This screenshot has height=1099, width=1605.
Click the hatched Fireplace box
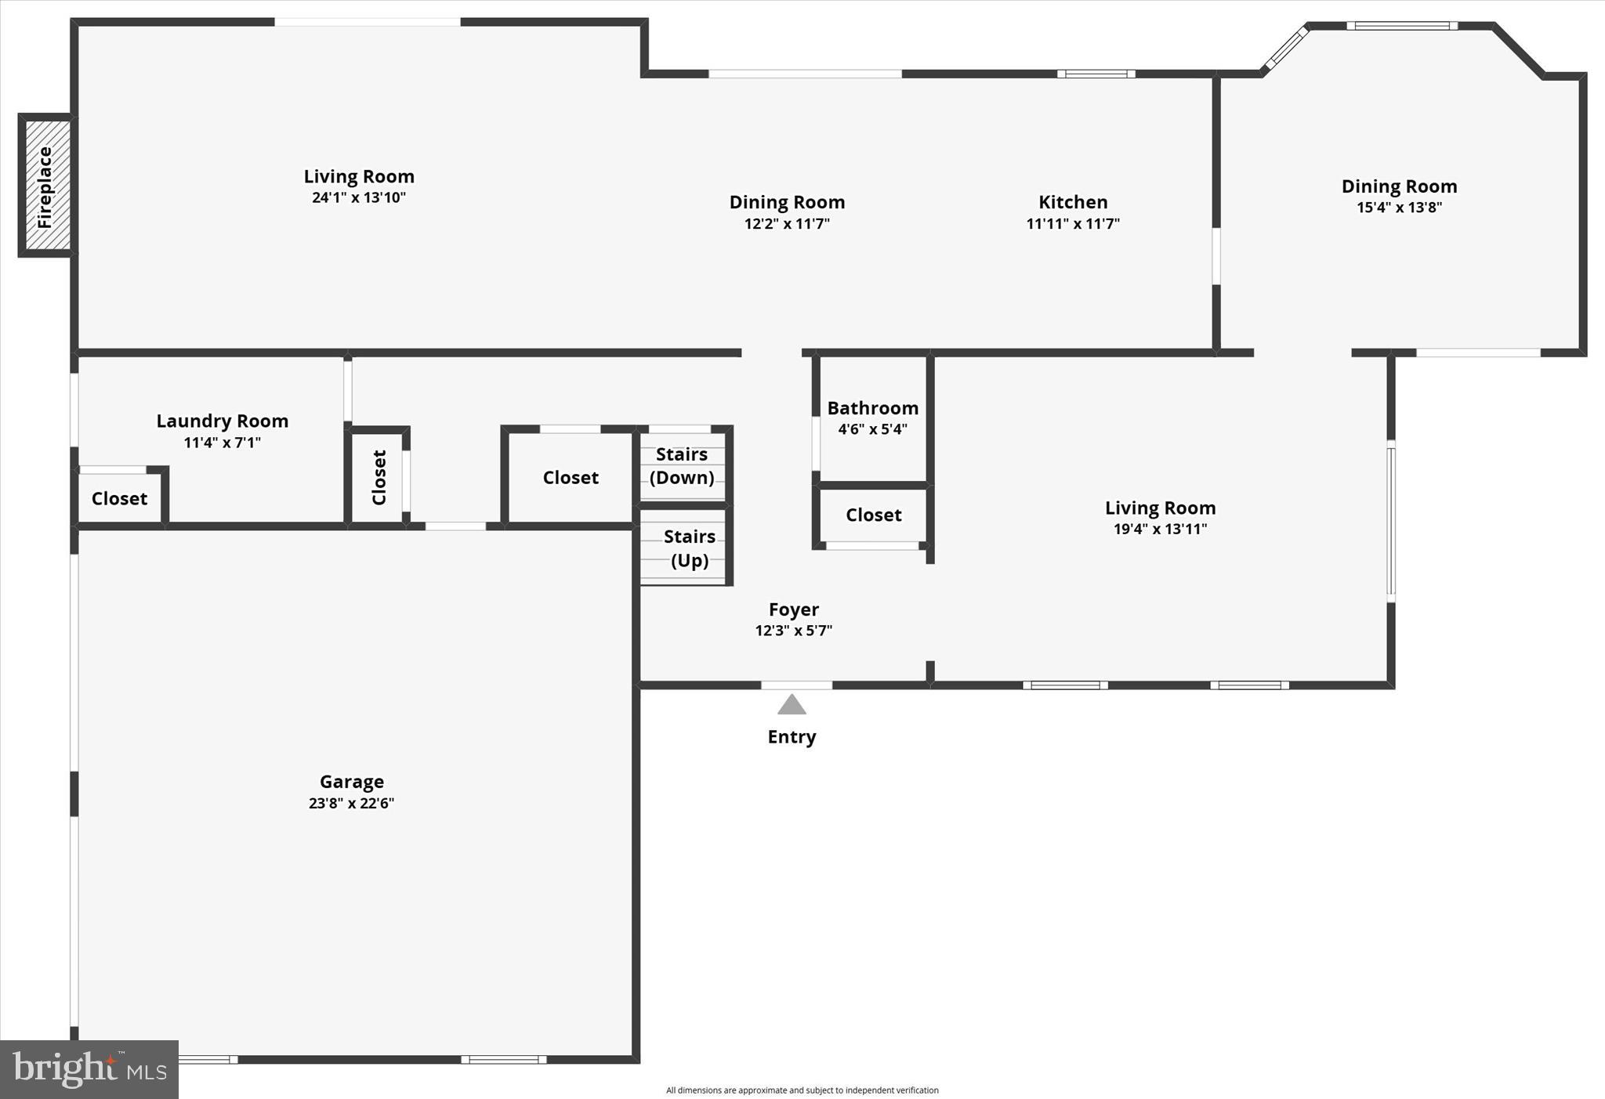coord(46,186)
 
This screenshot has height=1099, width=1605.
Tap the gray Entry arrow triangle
coord(792,705)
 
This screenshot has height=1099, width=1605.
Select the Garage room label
coord(352,781)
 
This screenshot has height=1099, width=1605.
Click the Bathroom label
coord(872,408)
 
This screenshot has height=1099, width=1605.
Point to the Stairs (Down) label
coord(682,466)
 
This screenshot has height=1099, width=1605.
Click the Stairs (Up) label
coord(690,548)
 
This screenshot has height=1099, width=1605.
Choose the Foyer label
coord(793,609)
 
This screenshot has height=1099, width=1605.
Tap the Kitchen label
coord(1073,202)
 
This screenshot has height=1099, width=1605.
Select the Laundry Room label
coord(223,421)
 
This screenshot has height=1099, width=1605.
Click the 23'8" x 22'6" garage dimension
coord(352,803)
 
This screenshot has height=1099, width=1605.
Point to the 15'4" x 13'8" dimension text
coord(1399,208)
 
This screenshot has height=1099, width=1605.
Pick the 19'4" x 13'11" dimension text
coord(1160,529)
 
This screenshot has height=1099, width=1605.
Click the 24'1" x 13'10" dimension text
coord(359,197)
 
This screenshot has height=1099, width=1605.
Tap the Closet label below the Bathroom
coord(873,515)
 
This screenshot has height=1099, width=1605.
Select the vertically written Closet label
coord(379,477)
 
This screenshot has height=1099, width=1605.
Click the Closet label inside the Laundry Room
coord(119,499)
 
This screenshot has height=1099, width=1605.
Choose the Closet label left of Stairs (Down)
coord(571,478)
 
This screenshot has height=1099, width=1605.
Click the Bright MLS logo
coord(89,1069)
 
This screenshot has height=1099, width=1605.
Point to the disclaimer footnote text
coord(802,1090)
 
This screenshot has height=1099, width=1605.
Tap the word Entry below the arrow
coord(792,737)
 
